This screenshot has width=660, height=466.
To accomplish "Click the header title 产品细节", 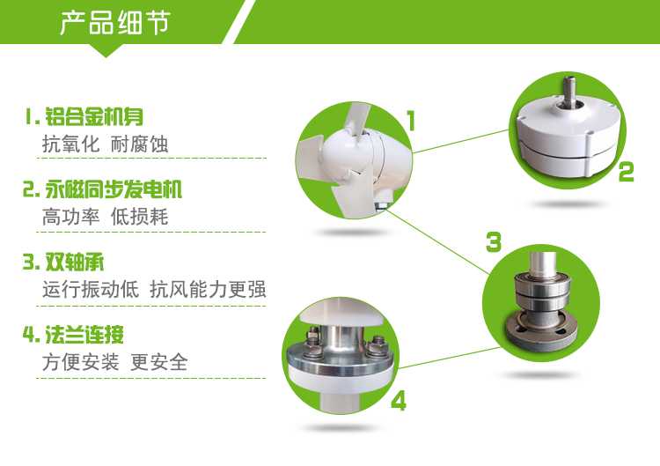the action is click(x=115, y=23).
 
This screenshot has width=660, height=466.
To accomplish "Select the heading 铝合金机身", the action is click(x=94, y=116).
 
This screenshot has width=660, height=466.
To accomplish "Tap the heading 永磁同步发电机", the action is click(x=114, y=189).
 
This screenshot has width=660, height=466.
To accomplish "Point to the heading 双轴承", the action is click(x=75, y=263).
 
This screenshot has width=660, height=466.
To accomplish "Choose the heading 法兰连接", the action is click(x=84, y=335).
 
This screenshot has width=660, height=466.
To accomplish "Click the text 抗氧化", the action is click(x=70, y=144).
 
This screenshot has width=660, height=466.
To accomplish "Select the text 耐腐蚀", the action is click(x=139, y=144).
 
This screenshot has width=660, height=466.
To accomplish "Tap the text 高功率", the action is click(x=70, y=218).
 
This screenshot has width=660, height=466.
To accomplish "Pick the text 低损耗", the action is click(x=139, y=218).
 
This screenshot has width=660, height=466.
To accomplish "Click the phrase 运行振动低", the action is click(x=91, y=290).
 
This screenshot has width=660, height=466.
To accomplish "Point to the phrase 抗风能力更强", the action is click(x=208, y=290).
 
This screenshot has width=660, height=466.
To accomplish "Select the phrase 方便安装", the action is click(x=80, y=362).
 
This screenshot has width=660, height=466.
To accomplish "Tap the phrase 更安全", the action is click(x=159, y=362).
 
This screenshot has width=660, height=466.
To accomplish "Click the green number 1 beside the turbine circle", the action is click(x=411, y=121).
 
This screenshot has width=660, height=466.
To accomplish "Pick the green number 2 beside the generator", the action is click(x=627, y=172).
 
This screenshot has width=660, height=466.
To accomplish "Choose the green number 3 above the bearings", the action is click(x=494, y=242).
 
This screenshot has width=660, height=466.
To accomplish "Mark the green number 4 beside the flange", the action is click(x=399, y=401).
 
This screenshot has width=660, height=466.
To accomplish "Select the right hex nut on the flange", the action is click(x=377, y=345).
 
